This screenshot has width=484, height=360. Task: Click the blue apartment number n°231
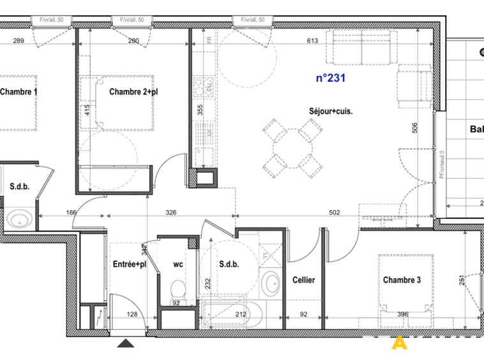pos(331,79)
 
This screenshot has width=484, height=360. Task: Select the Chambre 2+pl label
pos(133,92)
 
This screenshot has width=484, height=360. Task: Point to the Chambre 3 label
pos(402,280)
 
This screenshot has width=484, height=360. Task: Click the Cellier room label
pos(303,280)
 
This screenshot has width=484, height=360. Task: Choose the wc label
pos(178,264)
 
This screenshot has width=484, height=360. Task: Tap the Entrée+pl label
pos(130,264)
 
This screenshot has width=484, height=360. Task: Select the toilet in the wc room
pos(178,289)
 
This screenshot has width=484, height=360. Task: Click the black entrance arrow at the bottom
pos(126,344)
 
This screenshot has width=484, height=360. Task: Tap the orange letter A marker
pos(400,343)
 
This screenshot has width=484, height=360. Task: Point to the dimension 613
pos(312,41)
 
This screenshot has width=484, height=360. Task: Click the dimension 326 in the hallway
pos(171,213)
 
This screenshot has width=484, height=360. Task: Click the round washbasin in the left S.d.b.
pos(20,218)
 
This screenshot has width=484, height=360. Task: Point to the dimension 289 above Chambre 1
pos(19,41)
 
